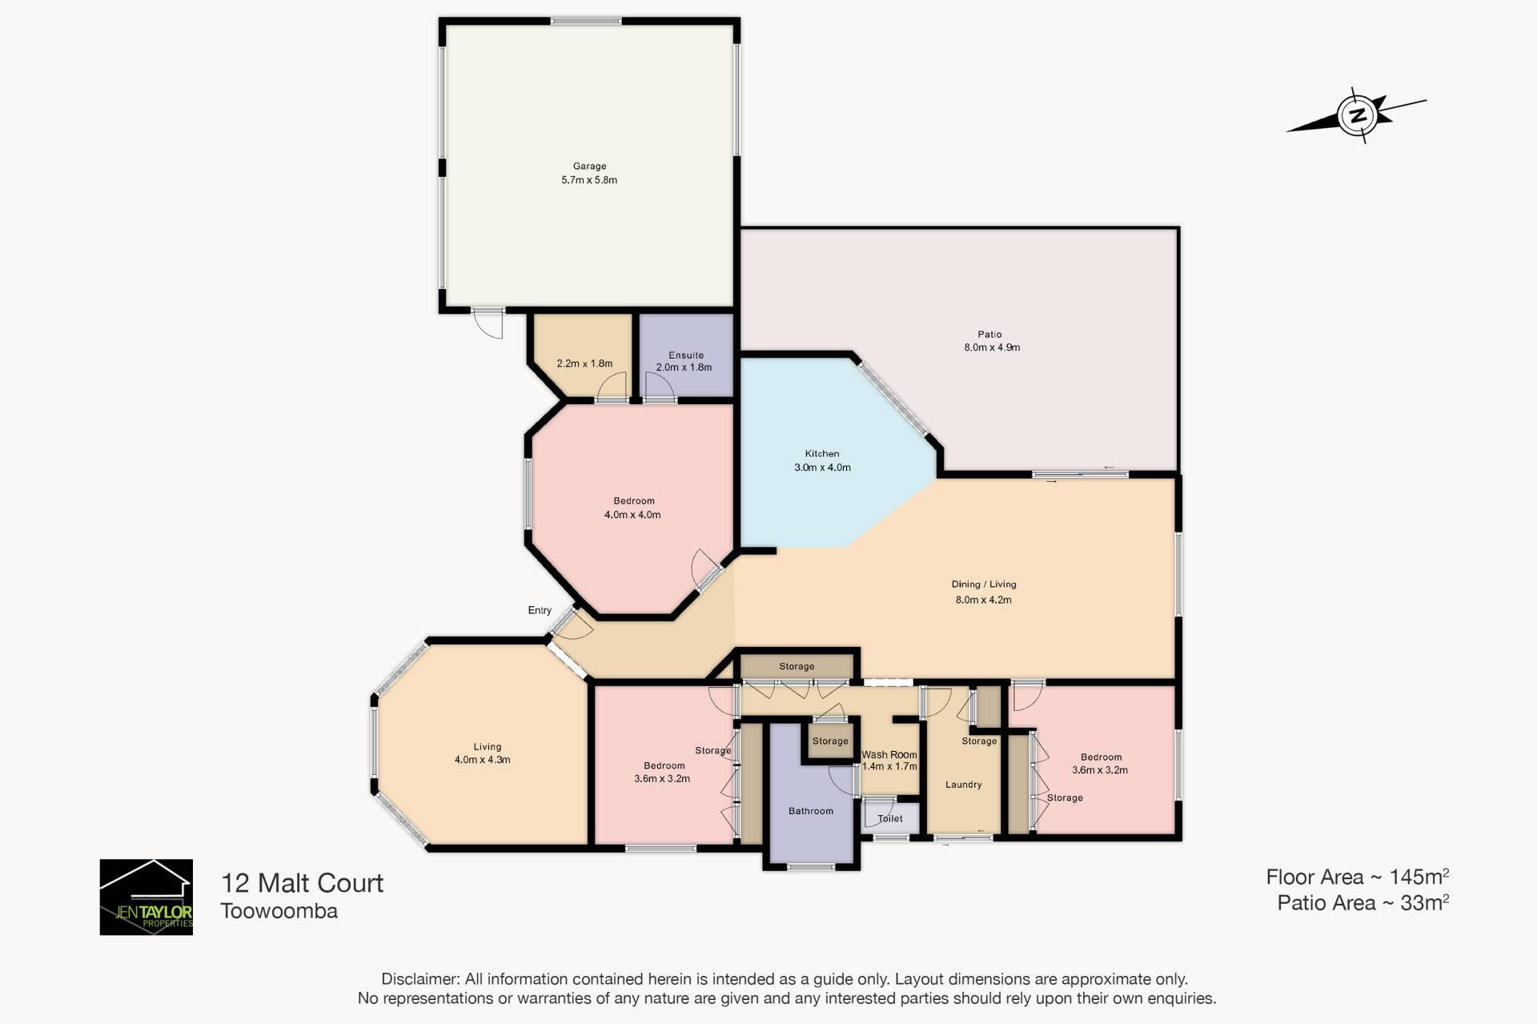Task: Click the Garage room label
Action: coord(589,167)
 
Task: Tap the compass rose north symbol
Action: coord(1357,115)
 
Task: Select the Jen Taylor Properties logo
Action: coord(146,897)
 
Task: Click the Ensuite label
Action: coord(686,355)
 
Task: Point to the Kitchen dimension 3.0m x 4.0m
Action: coord(822,468)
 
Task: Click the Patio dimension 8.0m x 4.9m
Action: coord(992,347)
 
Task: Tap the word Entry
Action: coord(540,610)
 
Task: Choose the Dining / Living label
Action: coord(984,584)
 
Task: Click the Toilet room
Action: coord(890,817)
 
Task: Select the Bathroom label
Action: coord(811,811)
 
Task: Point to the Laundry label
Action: coord(963,785)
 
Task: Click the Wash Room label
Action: coord(889,754)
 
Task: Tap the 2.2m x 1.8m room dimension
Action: coord(584,363)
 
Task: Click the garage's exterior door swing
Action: coord(488,323)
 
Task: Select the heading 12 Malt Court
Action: coord(302,883)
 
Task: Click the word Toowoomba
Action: coord(279,911)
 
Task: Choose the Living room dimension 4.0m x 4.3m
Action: coord(482,760)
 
